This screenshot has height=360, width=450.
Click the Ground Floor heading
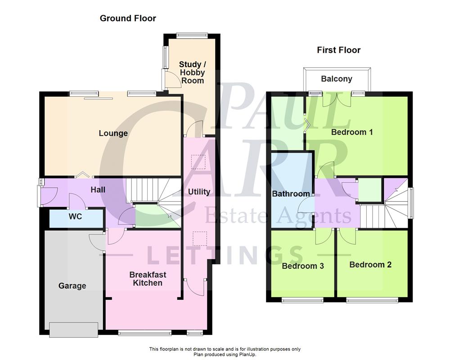[128, 18]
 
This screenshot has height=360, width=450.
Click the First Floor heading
[338, 50]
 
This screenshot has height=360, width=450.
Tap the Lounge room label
[113, 133]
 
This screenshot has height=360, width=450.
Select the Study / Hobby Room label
[192, 72]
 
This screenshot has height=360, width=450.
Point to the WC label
[75, 216]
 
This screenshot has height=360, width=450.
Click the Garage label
[72, 286]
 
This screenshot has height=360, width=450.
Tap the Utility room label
[199, 192]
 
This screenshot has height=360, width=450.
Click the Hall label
[98, 189]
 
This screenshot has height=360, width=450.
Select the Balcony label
[337, 79]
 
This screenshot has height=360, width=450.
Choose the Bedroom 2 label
[370, 265]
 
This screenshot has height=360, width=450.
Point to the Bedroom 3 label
[303, 266]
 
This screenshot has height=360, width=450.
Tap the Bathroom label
[291, 194]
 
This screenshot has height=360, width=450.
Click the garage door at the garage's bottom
[73, 329]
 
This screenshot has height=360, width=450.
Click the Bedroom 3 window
[302, 300]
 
